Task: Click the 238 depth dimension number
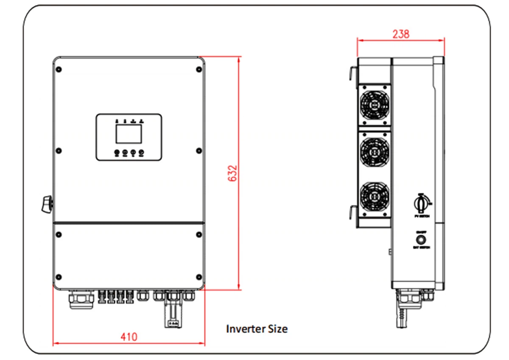[x=400, y=34]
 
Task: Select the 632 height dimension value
[x=232, y=173]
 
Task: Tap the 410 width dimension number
[x=129, y=337]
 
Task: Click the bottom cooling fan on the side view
[x=374, y=197]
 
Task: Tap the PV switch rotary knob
[x=422, y=204]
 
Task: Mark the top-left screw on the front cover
[x=59, y=70]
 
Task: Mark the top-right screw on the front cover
[x=199, y=70]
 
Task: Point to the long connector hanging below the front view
[x=173, y=312]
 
